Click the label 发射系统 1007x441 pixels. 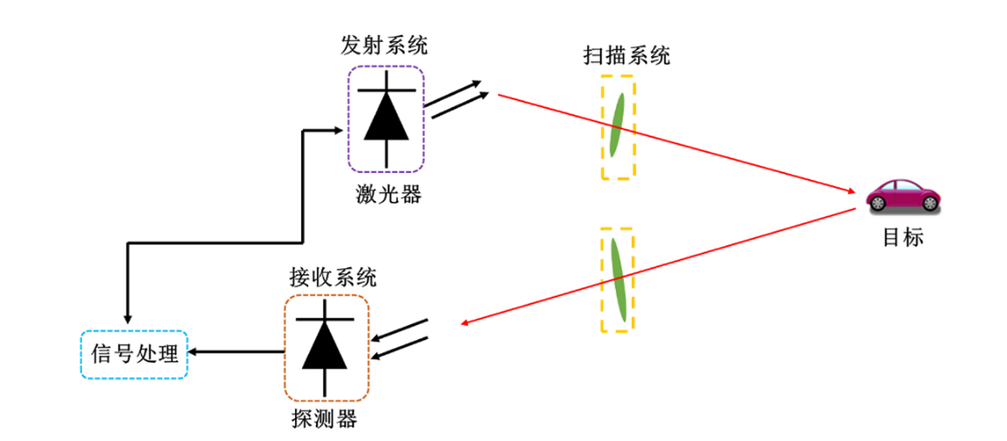click(385, 45)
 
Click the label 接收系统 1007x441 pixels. click(333, 279)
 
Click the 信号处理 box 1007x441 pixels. click(134, 355)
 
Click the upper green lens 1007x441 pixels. click(618, 124)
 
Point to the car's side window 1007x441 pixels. click(905, 186)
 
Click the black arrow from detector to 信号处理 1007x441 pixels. click(236, 352)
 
